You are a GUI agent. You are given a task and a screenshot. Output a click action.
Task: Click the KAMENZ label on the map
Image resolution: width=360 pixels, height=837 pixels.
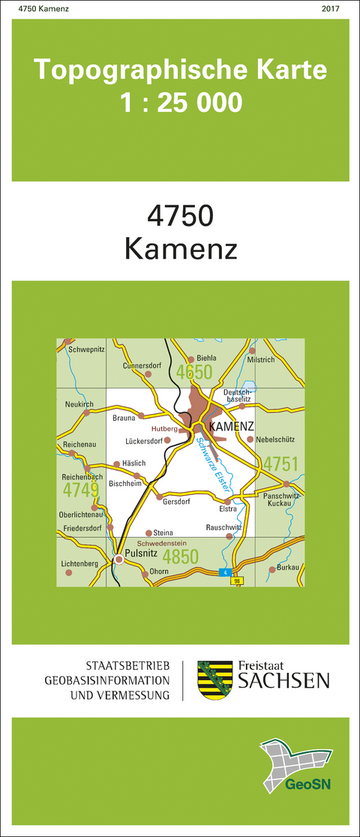(232, 427)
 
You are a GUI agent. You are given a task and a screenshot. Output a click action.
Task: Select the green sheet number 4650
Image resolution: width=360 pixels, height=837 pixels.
(193, 373)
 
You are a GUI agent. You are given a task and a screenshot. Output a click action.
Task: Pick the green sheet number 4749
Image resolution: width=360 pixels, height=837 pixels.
(80, 490)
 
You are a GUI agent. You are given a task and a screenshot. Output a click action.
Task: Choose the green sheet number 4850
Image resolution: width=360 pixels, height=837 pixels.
(180, 556)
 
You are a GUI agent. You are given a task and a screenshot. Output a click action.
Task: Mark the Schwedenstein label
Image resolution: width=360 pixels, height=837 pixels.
(160, 542)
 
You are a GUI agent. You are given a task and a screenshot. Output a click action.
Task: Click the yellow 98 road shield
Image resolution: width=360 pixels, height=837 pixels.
(237, 581)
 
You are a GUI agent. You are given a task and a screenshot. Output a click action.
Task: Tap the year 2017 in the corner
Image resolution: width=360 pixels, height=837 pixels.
(330, 8)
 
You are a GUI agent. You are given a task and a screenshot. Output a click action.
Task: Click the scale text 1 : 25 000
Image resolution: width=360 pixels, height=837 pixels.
(181, 100)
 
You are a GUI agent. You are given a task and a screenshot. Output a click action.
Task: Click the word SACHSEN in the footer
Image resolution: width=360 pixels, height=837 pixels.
(283, 680)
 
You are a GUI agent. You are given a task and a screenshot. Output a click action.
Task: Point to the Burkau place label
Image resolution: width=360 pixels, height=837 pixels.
(289, 567)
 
